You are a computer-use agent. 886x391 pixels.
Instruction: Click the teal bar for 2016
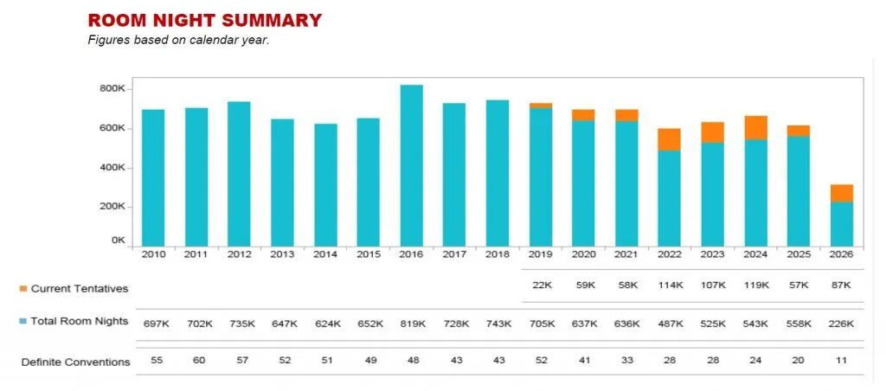(x=412, y=165)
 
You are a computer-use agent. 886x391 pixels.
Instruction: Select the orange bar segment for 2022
(x=669, y=139)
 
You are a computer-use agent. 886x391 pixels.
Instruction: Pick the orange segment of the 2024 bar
(x=755, y=127)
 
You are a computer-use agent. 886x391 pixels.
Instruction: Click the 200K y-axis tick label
(x=114, y=207)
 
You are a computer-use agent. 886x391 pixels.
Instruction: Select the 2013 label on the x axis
(x=282, y=254)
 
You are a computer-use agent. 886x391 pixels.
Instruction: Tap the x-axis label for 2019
(x=540, y=254)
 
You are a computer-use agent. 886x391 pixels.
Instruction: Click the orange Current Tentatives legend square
(x=23, y=288)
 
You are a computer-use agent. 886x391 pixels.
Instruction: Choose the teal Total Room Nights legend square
(x=23, y=321)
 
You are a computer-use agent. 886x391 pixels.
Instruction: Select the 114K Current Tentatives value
(x=669, y=285)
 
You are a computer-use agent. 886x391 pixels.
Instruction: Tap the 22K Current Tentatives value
(x=540, y=285)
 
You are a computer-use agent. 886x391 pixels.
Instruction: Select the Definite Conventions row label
(x=76, y=362)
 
